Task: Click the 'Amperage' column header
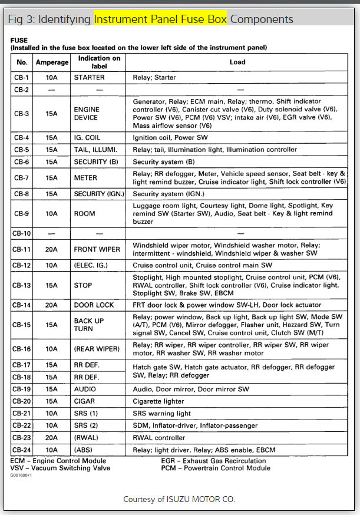pos(52,62)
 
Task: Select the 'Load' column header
pos(237,62)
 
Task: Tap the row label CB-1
pos(22,77)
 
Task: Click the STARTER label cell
pos(89,77)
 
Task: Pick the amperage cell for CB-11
pos(52,249)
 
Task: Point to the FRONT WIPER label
pos(94,249)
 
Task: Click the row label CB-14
pos(22,305)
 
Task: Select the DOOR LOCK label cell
pos(93,305)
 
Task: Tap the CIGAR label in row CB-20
pos(84,401)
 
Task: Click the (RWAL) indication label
pos(86,438)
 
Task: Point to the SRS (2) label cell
pos(86,425)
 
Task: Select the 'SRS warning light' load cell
pos(162,413)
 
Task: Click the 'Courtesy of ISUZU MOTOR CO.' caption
pos(179,499)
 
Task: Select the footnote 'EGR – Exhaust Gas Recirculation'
pos(213,461)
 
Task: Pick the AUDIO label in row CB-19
pos(85,389)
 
